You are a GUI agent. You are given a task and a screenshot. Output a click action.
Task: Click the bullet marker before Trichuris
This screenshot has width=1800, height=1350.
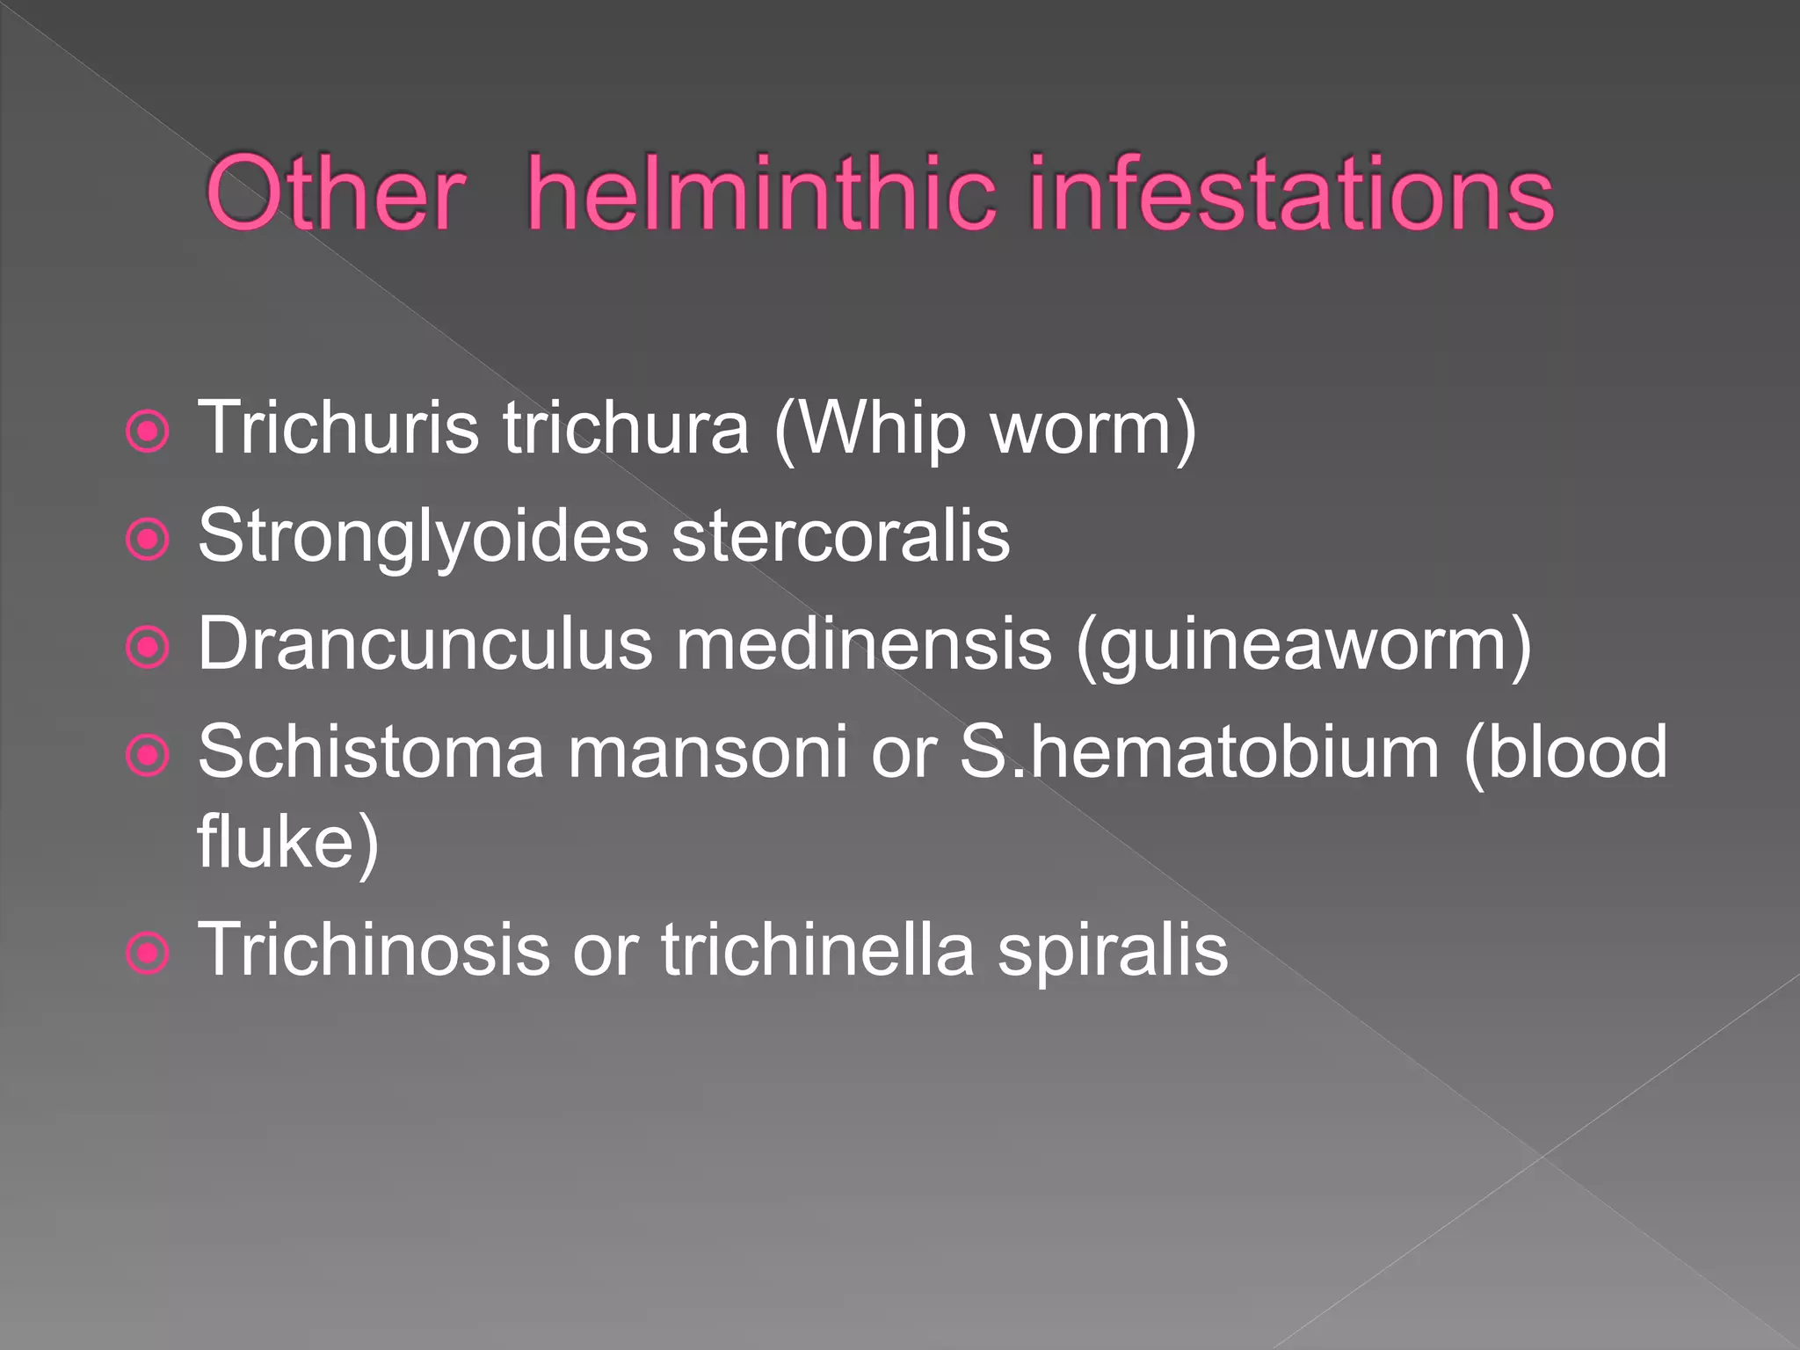pos(148,432)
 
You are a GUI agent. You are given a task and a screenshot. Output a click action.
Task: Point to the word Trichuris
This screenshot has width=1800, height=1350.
pos(339,428)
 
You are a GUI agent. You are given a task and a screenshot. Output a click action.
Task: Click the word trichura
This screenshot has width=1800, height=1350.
pos(626,428)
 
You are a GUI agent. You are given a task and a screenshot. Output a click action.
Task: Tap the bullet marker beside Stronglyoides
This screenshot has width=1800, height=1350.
pos(148,539)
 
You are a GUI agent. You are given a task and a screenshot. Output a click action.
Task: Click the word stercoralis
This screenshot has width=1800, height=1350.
pos(841,536)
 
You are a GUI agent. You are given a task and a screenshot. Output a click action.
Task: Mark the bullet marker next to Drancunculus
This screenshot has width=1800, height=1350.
pos(148,647)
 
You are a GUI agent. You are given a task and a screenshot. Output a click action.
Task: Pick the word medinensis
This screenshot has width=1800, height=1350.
pos(865,644)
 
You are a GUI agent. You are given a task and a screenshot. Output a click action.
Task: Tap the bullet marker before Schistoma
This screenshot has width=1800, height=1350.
pos(148,755)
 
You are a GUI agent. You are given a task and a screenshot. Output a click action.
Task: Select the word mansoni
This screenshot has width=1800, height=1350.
pos(708,752)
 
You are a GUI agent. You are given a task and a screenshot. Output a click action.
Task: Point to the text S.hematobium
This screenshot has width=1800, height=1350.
pos(1199,752)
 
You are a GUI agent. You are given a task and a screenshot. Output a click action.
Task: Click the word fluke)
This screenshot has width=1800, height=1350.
pos(288,842)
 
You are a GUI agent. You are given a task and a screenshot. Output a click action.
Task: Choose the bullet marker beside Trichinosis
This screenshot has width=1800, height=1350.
pos(148,953)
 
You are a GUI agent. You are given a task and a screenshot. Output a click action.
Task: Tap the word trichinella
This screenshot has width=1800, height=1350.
pos(818,949)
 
